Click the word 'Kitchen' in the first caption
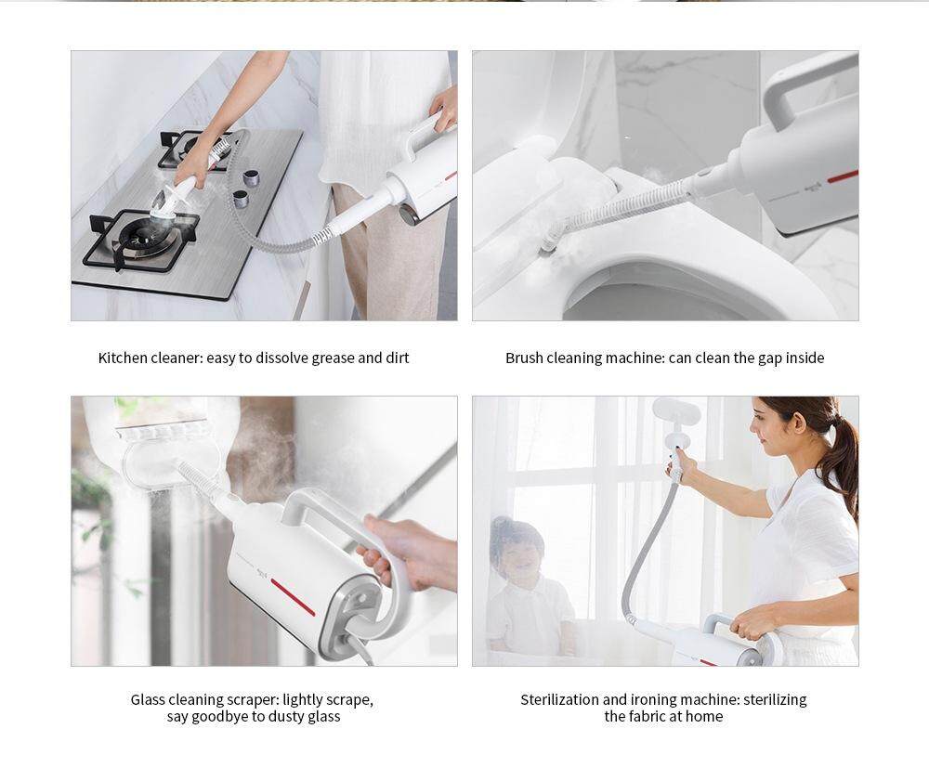coord(123,358)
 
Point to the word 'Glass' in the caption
coord(148,699)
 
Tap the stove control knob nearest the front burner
coord(241,199)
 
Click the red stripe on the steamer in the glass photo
coord(293,596)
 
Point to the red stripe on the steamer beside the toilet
coord(843,176)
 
